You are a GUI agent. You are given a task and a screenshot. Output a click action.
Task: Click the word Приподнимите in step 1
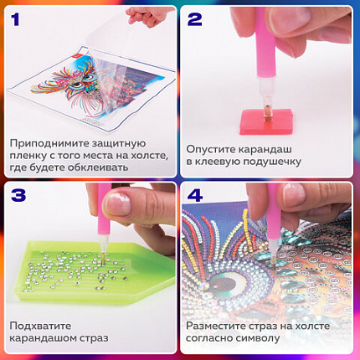point(47,144)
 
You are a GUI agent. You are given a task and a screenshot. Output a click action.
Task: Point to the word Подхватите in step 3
point(41,325)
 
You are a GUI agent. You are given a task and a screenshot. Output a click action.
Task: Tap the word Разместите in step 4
point(219,325)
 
